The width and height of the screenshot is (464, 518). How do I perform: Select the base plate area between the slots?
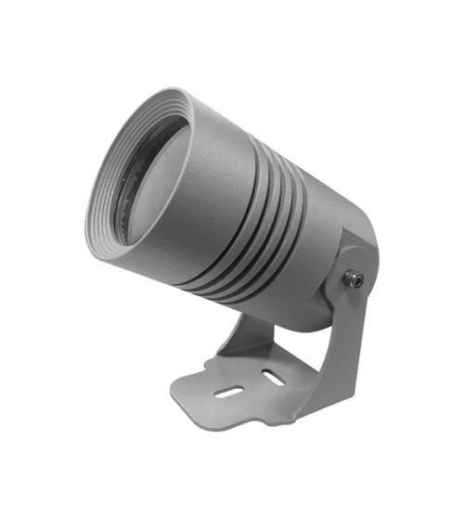pyautogui.click(x=251, y=384)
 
